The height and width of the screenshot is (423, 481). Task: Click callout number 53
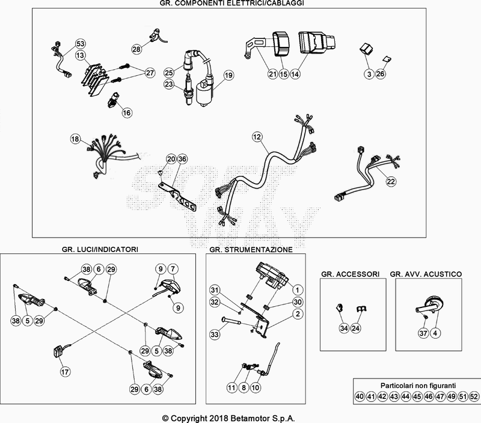[x=81, y=43]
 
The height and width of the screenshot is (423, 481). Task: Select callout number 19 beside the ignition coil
[x=228, y=75]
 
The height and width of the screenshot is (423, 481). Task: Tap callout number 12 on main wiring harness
[x=257, y=137]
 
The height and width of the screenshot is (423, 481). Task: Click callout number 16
[x=126, y=113]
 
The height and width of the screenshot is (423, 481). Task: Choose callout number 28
[x=136, y=49]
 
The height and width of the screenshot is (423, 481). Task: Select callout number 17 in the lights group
[x=64, y=372]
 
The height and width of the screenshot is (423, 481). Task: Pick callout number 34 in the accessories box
[x=343, y=328]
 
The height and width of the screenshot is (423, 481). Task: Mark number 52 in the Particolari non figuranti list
[x=474, y=397]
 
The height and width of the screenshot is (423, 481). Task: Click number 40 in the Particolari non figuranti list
[x=359, y=397]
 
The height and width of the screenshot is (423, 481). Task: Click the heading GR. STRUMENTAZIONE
[x=251, y=249]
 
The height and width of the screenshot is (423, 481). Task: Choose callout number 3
[x=368, y=74]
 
